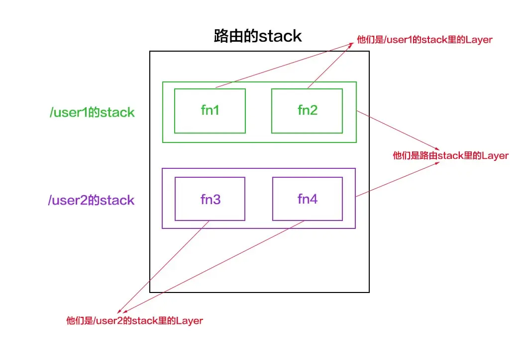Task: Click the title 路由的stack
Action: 258,36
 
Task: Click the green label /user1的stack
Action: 92,112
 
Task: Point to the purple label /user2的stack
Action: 91,200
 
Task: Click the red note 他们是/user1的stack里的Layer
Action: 424,40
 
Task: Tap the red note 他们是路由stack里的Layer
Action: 450,155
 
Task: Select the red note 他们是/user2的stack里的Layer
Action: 134,320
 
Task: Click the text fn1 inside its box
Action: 210,110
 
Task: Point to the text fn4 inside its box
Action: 308,199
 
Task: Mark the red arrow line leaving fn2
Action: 328,65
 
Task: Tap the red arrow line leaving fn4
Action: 214,268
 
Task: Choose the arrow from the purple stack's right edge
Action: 398,179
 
